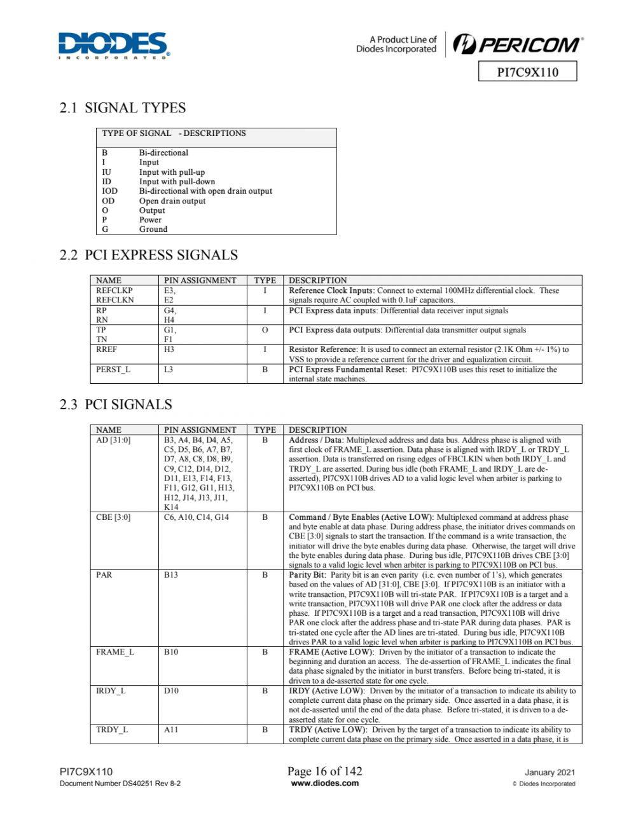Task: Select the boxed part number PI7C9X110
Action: [527, 72]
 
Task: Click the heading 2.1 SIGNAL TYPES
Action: [123, 108]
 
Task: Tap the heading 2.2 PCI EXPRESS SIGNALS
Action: [148, 255]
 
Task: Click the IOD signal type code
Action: [109, 191]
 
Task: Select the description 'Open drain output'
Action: [172, 201]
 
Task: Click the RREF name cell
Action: [107, 350]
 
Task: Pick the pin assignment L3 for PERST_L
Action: [169, 369]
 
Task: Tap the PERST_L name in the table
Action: [113, 369]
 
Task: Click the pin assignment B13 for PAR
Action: [171, 575]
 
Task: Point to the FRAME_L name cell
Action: [115, 652]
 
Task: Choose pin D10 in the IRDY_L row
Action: [171, 691]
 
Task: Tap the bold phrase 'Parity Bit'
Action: [307, 575]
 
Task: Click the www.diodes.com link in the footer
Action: [324, 783]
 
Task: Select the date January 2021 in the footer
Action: [550, 773]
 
